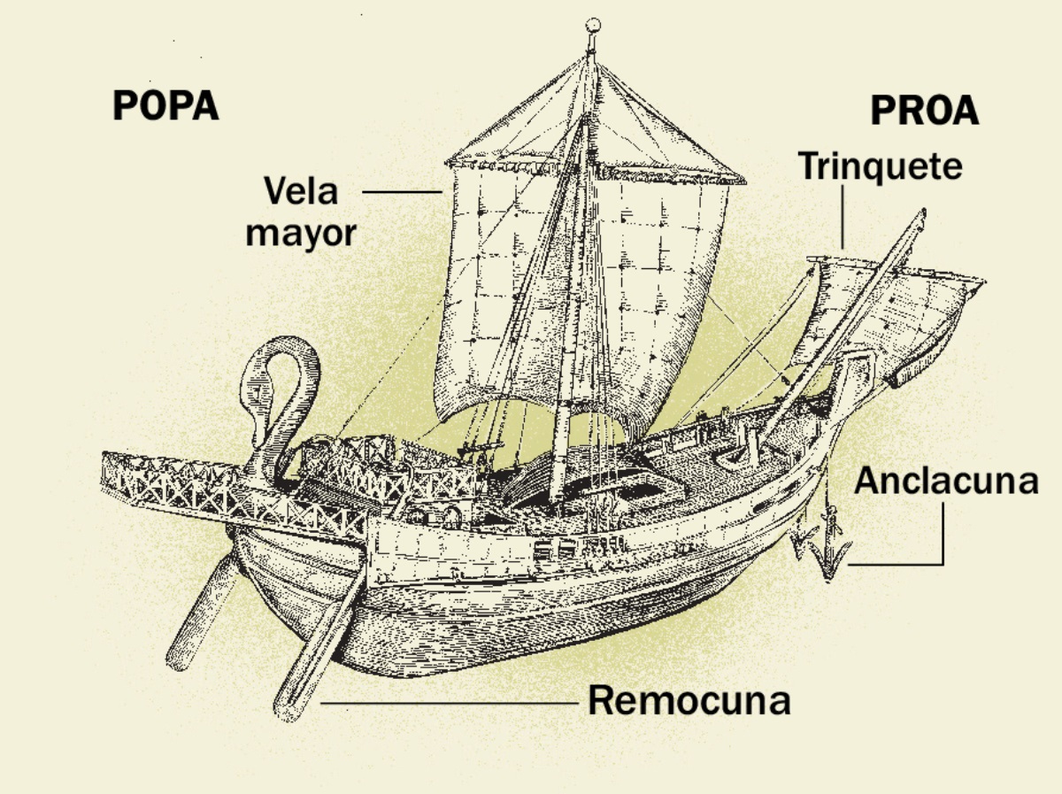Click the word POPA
[x=165, y=106]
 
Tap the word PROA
[x=925, y=112]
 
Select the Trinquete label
[x=881, y=166]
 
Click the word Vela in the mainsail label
[x=301, y=191]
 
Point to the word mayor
[x=301, y=234]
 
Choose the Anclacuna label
[x=945, y=481]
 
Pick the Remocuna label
[x=689, y=701]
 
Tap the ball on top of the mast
[x=594, y=25]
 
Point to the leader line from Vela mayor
[x=402, y=191]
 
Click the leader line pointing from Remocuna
[x=451, y=704]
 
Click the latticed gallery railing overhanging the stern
[x=177, y=482]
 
